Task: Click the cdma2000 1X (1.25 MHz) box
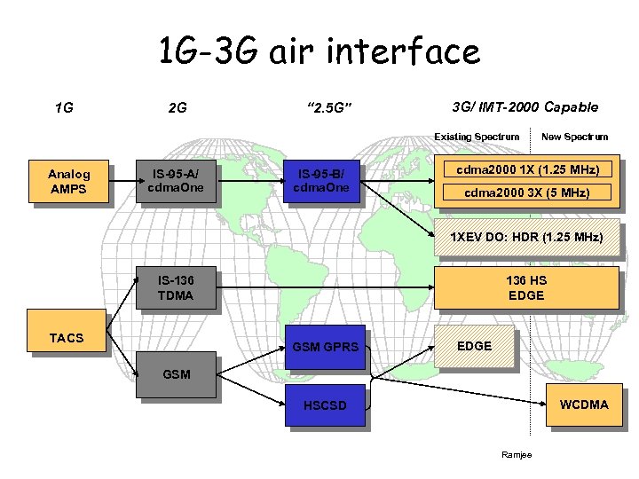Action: pos(527,169)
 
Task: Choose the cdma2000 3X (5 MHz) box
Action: pos(527,192)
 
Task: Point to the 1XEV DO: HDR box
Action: pos(527,238)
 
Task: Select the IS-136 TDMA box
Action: pos(175,287)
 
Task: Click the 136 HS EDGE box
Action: pos(526,287)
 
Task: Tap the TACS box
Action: pos(67,338)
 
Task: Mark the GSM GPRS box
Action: pos(326,346)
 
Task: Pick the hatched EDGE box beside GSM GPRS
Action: pos(474,345)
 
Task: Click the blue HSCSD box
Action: pos(325,405)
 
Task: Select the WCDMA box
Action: pos(583,404)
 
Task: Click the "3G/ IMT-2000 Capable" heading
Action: pos(525,107)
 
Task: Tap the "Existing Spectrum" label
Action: pos(476,137)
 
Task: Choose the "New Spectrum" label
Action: pos(574,137)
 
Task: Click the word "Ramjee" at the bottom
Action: pos(515,455)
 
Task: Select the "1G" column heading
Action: pos(63,108)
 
